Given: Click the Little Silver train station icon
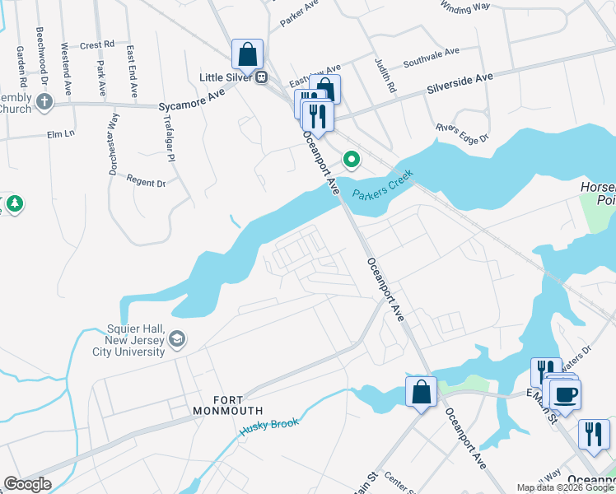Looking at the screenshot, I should [x=261, y=77].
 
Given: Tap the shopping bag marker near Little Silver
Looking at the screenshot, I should [x=247, y=55].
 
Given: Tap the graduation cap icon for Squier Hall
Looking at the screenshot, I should [x=177, y=339].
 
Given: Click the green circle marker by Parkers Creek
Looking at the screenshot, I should [x=352, y=158].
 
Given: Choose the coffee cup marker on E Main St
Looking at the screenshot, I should [x=565, y=394].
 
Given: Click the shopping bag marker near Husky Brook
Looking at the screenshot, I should [x=421, y=392].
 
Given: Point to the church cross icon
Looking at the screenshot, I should [x=44, y=101].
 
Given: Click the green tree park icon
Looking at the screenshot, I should [x=13, y=203].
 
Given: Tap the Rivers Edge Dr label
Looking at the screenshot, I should [x=462, y=132].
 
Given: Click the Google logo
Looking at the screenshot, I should [x=27, y=484].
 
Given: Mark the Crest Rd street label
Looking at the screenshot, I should [x=97, y=45].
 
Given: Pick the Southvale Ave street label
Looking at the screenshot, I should [x=431, y=57].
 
